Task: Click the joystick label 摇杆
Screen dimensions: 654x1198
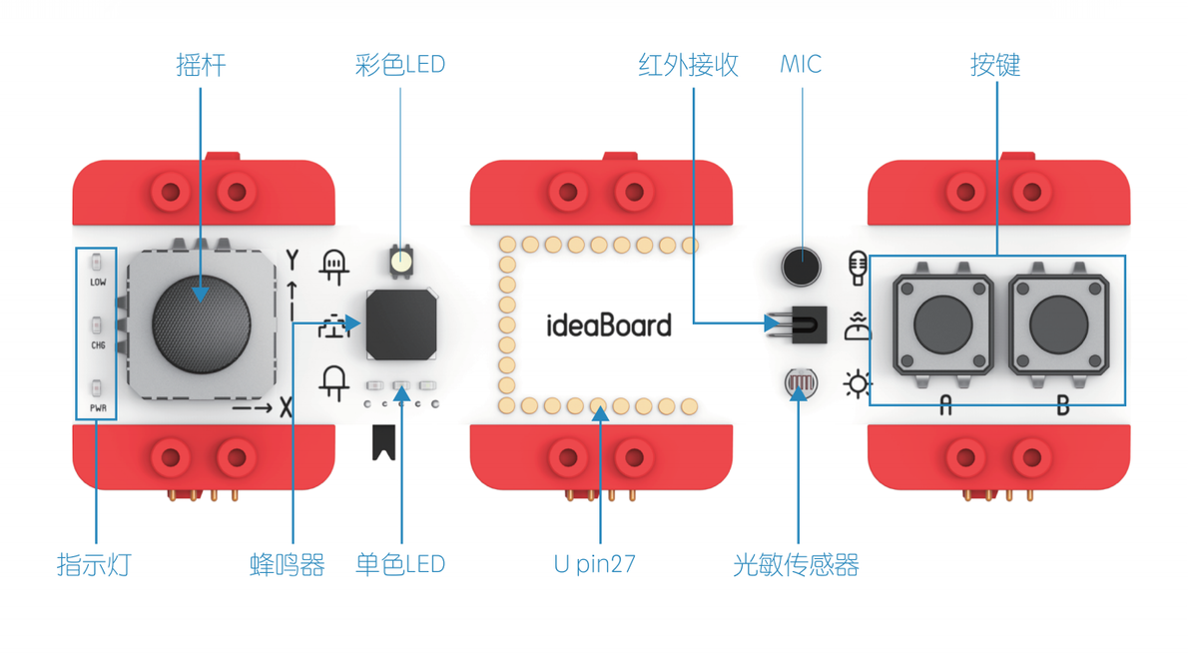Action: click(x=201, y=66)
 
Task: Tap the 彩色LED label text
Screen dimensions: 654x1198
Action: click(x=399, y=66)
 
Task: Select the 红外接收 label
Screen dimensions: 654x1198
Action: click(x=688, y=66)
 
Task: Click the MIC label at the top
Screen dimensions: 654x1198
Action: click(x=801, y=65)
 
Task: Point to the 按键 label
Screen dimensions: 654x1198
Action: click(x=995, y=66)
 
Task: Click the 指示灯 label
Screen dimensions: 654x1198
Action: click(x=94, y=564)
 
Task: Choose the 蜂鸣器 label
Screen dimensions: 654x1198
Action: click(x=288, y=564)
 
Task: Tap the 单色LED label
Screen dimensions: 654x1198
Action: click(x=399, y=564)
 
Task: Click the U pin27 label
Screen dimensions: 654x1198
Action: click(x=595, y=564)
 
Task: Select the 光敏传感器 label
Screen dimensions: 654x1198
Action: click(x=796, y=564)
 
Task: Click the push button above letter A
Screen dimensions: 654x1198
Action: click(x=942, y=325)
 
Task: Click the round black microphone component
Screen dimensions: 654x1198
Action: click(x=801, y=266)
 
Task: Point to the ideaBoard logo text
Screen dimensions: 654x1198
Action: click(x=609, y=326)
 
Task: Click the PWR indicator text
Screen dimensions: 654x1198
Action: click(x=98, y=408)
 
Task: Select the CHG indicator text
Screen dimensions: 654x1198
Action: click(x=98, y=345)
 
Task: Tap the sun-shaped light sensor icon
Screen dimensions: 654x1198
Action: click(x=857, y=384)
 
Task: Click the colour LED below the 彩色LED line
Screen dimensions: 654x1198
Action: click(x=401, y=262)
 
